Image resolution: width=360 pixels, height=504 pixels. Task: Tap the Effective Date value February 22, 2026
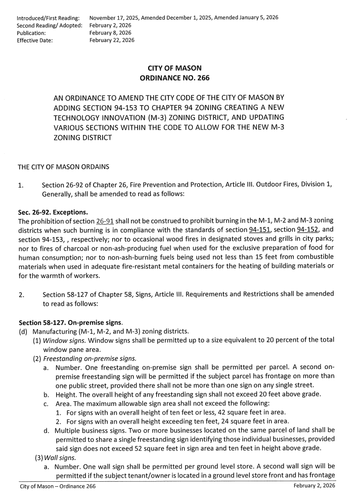click(112, 40)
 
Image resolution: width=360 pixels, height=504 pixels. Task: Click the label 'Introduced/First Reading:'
click(48, 18)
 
